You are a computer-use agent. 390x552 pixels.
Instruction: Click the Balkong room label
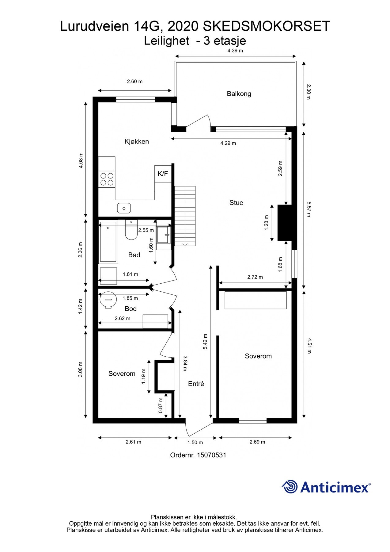point(239,94)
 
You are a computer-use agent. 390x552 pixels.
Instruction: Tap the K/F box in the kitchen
point(163,174)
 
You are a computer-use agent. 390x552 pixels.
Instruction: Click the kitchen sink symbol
point(124,208)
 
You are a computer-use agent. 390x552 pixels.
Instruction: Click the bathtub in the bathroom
point(108,242)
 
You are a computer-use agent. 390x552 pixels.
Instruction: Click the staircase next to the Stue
point(185,216)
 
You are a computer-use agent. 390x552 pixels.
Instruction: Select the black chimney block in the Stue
point(285,223)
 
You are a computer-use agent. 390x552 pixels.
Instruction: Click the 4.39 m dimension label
point(235,51)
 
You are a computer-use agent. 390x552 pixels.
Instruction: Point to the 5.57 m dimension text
point(309,209)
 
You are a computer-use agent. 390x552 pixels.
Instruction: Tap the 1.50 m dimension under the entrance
point(195,443)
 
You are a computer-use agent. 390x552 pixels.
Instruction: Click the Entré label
point(196,384)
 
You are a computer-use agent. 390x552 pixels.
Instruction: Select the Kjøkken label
point(137,141)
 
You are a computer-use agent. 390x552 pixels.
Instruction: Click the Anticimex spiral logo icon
point(290,487)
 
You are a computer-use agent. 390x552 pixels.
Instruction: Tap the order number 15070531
point(211,455)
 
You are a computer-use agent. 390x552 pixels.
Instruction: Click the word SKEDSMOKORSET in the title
point(267,26)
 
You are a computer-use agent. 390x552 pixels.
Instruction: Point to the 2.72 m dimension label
point(255,277)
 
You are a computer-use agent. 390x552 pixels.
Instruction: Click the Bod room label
point(131,309)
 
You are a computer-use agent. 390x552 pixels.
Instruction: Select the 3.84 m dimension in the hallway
point(185,363)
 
